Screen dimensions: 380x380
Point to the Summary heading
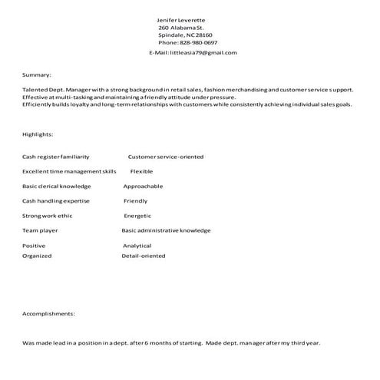pyautogui.click(x=37, y=75)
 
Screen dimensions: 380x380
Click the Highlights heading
pyautogui.click(x=38, y=134)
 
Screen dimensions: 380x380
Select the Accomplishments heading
pyautogui.click(x=48, y=314)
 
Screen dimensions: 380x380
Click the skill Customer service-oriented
pyautogui.click(x=166, y=157)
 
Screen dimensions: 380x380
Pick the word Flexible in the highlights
pyautogui.click(x=142, y=171)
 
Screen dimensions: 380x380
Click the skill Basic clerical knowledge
pyautogui.click(x=56, y=187)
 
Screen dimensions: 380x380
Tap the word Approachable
pyautogui.click(x=144, y=187)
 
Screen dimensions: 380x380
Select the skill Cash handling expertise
pyautogui.click(x=56, y=201)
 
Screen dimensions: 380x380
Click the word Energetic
pyautogui.click(x=137, y=216)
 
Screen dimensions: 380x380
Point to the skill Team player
pyautogui.click(x=40, y=230)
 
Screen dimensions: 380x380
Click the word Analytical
pyautogui.click(x=137, y=246)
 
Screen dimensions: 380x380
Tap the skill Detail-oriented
pyautogui.click(x=144, y=256)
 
